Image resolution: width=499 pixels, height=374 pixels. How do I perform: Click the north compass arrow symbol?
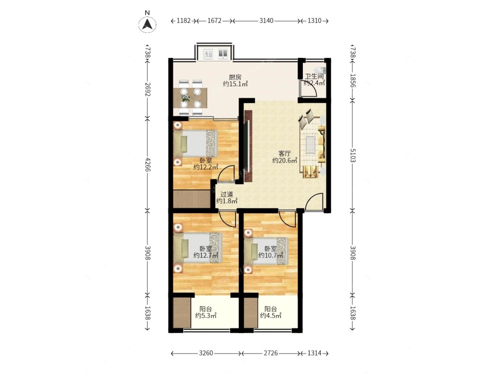[x=147, y=24]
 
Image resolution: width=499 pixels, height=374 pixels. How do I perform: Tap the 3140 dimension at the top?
[x=266, y=20]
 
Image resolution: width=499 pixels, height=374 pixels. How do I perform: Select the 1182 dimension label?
[x=183, y=20]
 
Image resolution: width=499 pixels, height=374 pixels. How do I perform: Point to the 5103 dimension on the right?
[x=353, y=155]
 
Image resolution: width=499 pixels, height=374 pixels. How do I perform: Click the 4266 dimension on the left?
[x=147, y=164]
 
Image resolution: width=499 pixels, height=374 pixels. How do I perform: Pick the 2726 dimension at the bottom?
[x=271, y=353]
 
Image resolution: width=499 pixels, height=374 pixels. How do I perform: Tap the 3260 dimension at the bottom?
[x=206, y=353]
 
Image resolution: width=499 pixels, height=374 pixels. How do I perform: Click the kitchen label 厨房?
[x=235, y=77]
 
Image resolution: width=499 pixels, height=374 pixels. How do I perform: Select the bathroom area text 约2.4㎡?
[x=314, y=83]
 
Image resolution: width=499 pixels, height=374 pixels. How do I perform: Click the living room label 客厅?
[x=284, y=153]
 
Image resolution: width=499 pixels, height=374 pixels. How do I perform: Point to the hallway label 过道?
[x=227, y=194]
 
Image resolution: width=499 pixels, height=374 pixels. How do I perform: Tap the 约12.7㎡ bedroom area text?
[x=206, y=255]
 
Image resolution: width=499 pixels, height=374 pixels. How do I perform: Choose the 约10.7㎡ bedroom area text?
[x=270, y=255]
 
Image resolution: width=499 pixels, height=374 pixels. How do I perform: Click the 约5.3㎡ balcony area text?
[x=206, y=316]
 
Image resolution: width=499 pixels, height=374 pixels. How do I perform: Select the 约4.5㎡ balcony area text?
[x=271, y=316]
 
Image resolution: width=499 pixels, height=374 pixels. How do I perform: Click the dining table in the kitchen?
[x=191, y=98]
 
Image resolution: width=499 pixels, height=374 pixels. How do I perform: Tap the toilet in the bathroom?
[x=320, y=70]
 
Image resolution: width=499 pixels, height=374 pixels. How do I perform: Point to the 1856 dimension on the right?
[x=353, y=80]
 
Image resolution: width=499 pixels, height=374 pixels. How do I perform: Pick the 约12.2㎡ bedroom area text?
[x=206, y=167]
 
